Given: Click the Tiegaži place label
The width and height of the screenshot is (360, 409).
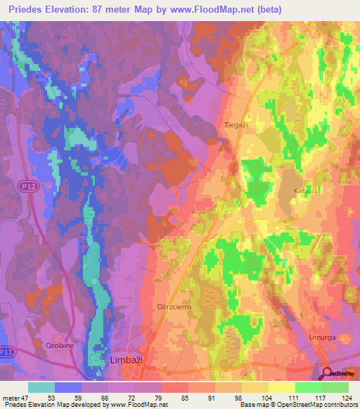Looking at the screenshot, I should [235, 124].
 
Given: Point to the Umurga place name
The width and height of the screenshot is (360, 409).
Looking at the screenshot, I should [322, 337].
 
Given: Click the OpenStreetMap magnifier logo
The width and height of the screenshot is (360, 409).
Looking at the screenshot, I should [328, 373].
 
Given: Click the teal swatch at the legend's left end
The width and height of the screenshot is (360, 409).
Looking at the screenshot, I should [41, 387].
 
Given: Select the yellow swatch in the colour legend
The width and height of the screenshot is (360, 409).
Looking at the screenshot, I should [282, 387].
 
